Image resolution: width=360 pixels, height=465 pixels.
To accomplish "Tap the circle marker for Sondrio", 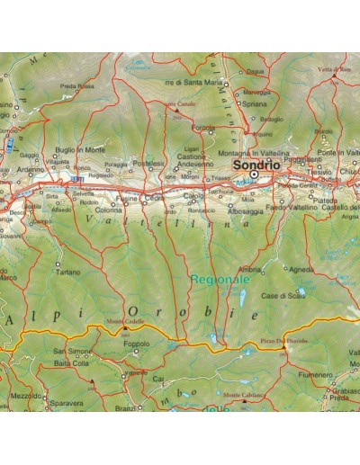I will [255, 176].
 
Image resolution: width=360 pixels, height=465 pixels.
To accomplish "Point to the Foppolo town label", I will [135, 343].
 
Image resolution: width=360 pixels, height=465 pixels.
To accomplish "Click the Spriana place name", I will [255, 103].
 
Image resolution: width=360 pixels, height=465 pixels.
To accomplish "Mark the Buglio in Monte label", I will [80, 149].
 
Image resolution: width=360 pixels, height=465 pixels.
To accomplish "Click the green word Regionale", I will [219, 280].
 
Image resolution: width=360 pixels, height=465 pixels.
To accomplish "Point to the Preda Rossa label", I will [77, 86].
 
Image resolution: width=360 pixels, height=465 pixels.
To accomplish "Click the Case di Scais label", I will [282, 295].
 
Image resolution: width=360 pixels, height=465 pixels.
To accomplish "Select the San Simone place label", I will [71, 351].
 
